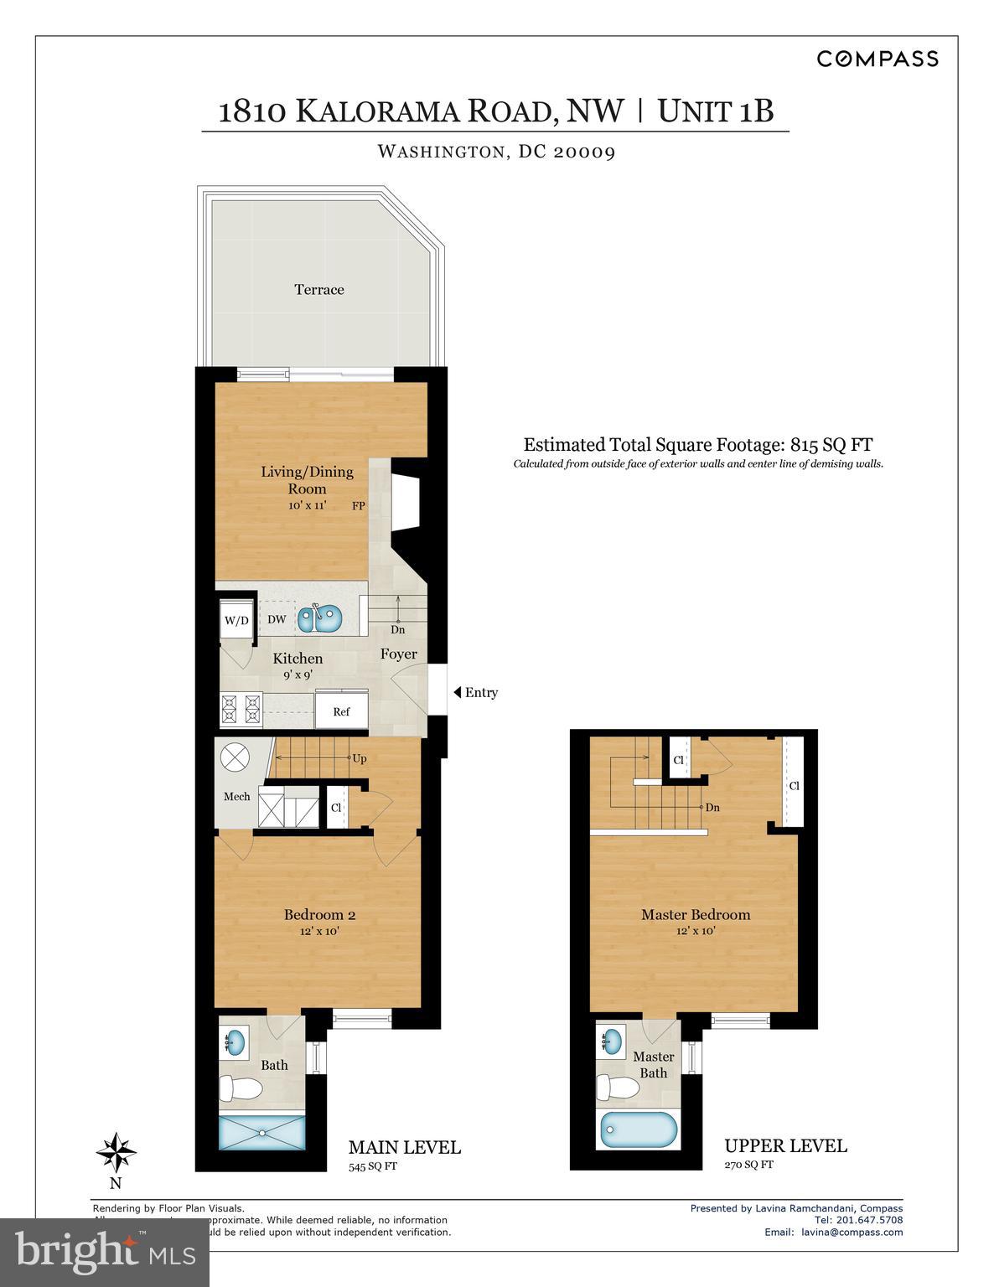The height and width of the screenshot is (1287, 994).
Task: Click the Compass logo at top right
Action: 877,59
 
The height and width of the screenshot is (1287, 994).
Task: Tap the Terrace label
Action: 318,290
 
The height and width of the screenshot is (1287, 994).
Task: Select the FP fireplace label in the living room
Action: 358,506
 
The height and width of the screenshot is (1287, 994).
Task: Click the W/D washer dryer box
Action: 236,621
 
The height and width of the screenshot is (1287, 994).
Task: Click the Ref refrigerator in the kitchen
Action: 341,711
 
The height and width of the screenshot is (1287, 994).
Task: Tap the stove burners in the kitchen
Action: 241,709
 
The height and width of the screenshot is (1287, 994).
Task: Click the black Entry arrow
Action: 458,692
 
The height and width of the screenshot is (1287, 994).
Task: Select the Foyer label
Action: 398,654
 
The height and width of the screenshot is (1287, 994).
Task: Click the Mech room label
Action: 236,797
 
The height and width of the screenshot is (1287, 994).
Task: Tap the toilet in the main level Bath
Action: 240,1089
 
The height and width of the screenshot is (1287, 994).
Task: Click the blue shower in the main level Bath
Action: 261,1132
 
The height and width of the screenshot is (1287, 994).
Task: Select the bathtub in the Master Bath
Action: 638,1130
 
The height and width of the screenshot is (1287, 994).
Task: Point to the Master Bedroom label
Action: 695,915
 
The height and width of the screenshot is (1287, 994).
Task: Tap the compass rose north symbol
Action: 116,1153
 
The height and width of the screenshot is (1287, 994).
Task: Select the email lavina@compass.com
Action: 852,1232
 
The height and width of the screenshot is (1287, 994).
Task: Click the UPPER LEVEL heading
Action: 785,1145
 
